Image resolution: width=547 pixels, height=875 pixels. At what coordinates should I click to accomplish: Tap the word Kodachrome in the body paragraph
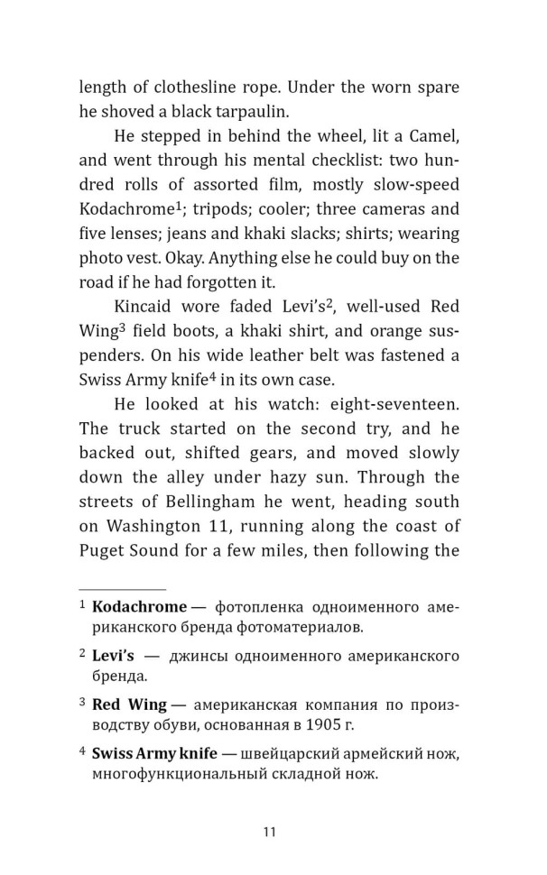(125, 209)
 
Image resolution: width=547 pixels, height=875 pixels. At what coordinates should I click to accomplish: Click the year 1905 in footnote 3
(377, 724)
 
